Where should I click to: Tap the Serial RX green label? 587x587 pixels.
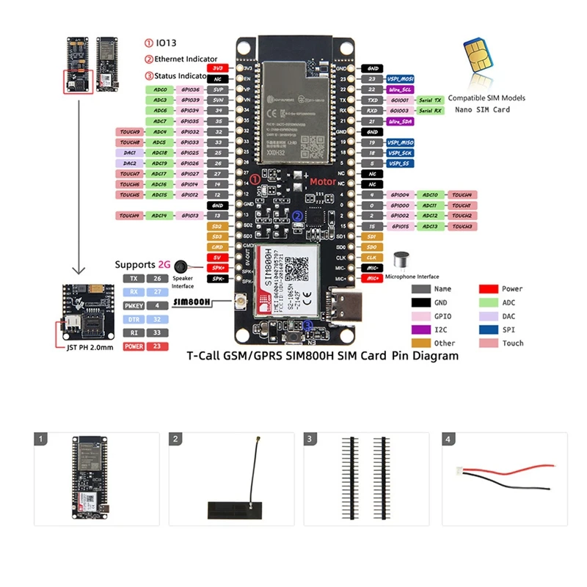click(x=430, y=111)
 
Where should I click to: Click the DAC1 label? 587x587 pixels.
click(x=130, y=153)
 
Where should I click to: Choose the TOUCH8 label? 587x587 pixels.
click(x=130, y=142)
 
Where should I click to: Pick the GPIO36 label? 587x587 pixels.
click(x=191, y=90)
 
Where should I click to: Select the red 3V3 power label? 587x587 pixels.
click(x=218, y=68)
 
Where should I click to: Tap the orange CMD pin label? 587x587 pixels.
click(x=217, y=247)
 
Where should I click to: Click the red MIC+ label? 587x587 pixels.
click(x=372, y=279)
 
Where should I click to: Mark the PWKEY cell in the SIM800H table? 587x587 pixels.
click(x=133, y=305)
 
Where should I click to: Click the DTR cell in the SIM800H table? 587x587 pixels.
click(x=133, y=319)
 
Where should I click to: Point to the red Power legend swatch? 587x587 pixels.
click(x=490, y=289)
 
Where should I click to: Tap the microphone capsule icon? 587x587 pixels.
click(x=401, y=261)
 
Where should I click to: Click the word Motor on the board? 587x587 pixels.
click(x=323, y=181)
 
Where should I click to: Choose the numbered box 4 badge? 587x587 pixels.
click(x=448, y=440)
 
